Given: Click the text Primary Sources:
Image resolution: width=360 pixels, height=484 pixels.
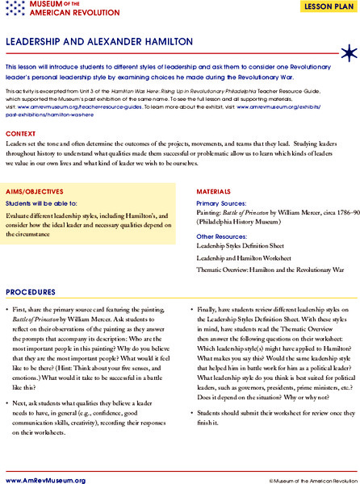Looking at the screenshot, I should [221, 204].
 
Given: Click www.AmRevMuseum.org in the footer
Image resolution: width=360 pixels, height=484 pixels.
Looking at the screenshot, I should [44, 478].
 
